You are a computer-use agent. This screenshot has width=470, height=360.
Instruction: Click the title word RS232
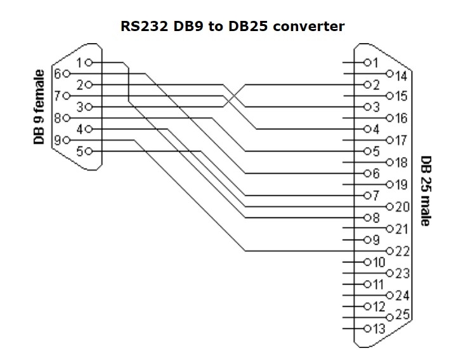tap(143, 27)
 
